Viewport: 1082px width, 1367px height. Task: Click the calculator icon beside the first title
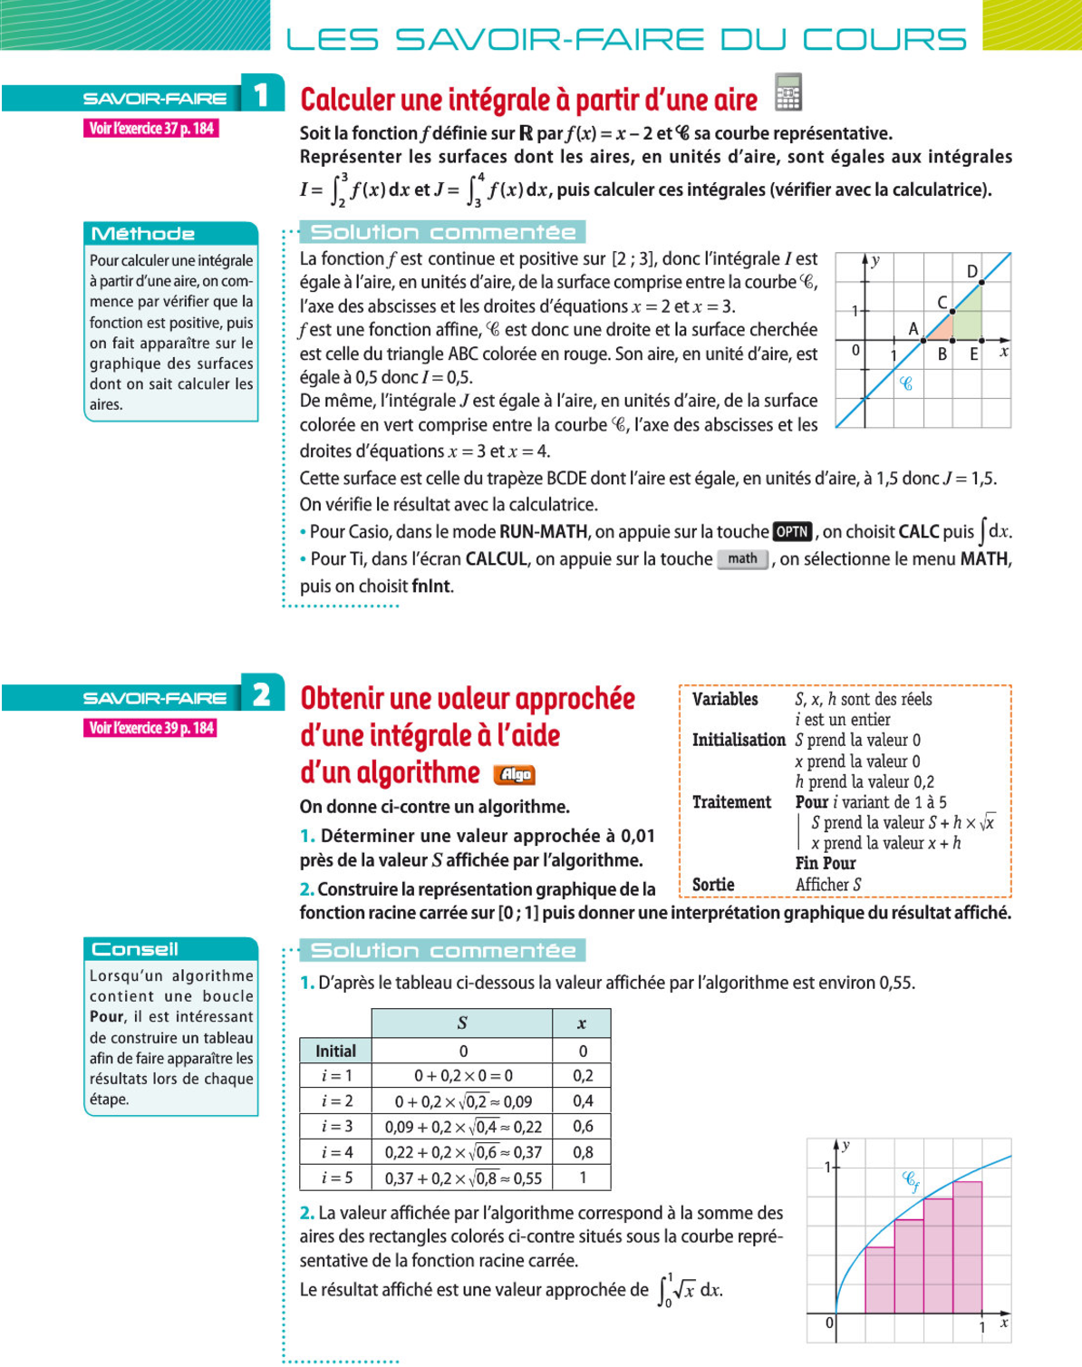(x=788, y=93)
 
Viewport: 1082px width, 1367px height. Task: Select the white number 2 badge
(x=262, y=695)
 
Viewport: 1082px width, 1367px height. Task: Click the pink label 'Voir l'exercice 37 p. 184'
(x=151, y=129)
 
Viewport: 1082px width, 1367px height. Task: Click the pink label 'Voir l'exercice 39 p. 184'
(x=151, y=728)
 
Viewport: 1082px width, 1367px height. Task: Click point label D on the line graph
(x=972, y=271)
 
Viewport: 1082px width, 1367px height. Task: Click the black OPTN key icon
(x=792, y=532)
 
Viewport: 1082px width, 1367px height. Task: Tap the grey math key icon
(x=742, y=559)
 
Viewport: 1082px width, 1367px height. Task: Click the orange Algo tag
(x=515, y=774)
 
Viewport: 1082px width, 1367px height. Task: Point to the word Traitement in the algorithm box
(x=731, y=802)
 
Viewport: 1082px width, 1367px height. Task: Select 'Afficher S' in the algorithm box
(x=828, y=885)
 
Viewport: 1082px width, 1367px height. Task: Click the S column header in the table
(x=462, y=1023)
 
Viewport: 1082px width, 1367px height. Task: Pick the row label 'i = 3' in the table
(x=336, y=1127)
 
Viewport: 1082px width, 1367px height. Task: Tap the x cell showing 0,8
(x=583, y=1152)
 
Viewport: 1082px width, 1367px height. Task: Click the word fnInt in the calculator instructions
(x=431, y=587)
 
